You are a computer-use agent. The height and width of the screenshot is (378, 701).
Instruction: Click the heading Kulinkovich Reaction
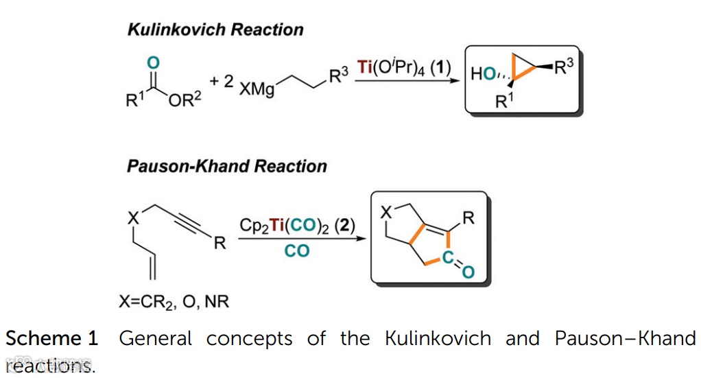(215, 30)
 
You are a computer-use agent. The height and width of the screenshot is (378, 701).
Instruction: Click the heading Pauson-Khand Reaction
(227, 167)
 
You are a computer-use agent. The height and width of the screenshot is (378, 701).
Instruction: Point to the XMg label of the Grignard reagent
(257, 91)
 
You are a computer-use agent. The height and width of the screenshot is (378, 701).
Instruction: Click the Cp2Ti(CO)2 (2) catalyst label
(297, 225)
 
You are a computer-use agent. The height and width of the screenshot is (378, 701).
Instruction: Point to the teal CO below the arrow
(297, 251)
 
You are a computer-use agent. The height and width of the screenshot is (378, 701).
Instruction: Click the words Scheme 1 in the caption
(52, 338)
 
